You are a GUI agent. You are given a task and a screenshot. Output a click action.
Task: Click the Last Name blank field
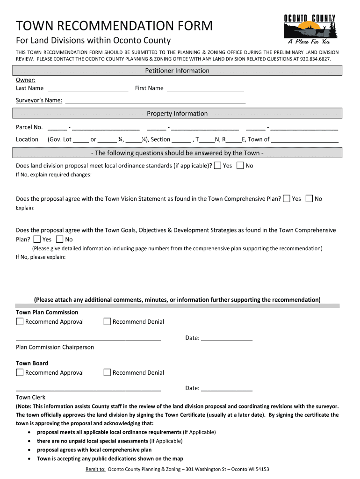pos(88,88)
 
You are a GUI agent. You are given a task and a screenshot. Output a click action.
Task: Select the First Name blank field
pos(205,88)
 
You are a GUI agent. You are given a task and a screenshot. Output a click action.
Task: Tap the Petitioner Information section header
pos(177,71)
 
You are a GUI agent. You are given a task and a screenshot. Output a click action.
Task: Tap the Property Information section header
pos(177,114)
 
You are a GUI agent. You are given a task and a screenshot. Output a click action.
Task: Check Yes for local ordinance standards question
pos(217,166)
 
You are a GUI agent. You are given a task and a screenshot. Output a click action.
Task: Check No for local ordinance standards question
pos(240,166)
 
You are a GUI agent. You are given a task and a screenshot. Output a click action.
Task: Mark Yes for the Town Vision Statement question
pos(287,199)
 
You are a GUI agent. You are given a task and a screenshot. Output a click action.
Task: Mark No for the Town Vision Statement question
pos(309,199)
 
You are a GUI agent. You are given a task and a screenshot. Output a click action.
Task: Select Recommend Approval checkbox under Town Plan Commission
pos(20,321)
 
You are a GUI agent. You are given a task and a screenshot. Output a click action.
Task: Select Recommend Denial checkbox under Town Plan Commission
pos(107,321)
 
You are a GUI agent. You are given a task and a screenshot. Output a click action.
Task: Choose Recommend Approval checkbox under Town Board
pos(20,372)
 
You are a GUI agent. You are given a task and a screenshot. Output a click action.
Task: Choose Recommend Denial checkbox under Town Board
pos(107,372)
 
